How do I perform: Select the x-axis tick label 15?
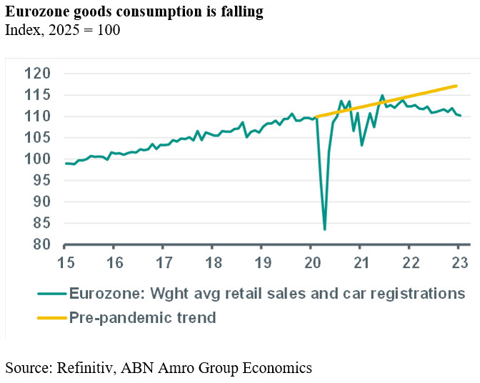[66, 261]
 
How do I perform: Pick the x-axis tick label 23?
[459, 261]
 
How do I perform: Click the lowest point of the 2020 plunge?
[324, 229]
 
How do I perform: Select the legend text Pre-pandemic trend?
[142, 317]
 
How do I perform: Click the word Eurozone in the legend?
[103, 294]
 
